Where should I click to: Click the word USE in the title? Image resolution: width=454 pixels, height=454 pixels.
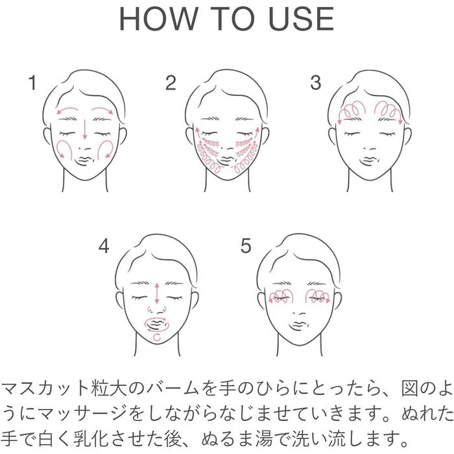pyautogui.click(x=302, y=19)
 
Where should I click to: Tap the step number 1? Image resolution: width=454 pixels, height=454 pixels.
pyautogui.click(x=32, y=82)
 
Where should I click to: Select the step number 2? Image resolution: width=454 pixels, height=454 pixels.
pyautogui.click(x=171, y=83)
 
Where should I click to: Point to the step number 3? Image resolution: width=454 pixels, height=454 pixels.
pyautogui.click(x=315, y=82)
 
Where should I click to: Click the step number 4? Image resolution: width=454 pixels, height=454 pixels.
pyautogui.click(x=104, y=246)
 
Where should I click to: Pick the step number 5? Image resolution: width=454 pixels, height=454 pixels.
pyautogui.click(x=246, y=246)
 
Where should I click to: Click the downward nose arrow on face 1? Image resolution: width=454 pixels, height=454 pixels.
pyautogui.click(x=85, y=129)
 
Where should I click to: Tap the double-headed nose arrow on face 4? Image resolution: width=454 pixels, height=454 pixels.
pyautogui.click(x=157, y=293)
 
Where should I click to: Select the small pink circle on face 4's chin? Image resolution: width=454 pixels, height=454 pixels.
pyautogui.click(x=157, y=337)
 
